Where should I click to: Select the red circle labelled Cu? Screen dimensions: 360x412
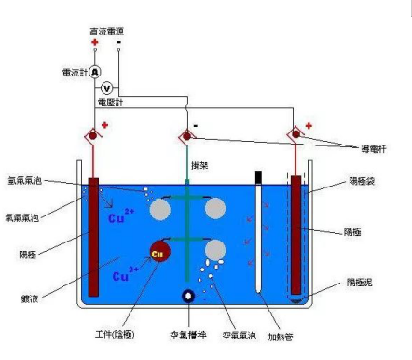[x=158, y=253]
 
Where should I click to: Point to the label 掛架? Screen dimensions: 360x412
[x=199, y=165]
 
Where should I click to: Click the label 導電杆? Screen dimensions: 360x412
[x=375, y=150]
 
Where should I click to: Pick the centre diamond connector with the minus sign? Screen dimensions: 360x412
[x=186, y=138]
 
